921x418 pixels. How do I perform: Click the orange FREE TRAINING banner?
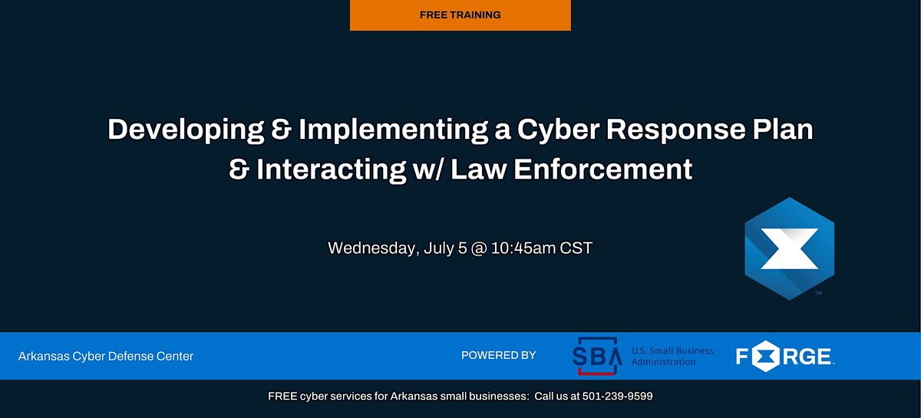460,15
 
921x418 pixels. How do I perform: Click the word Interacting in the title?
330,170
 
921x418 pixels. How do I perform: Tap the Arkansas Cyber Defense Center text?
106,356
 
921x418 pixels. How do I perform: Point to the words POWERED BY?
498,356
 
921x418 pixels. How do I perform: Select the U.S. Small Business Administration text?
672,356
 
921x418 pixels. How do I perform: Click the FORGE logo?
784,357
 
